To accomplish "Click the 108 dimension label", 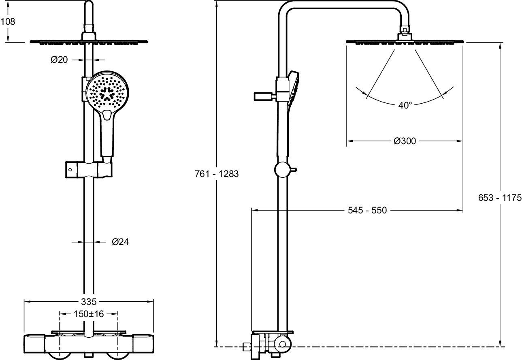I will coord(8,21).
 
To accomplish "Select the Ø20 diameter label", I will coord(59,60).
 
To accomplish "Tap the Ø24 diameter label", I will coord(120,242).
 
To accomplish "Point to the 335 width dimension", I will coord(89,302).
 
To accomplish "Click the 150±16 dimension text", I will coord(89,314).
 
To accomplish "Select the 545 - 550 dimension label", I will coord(367,210).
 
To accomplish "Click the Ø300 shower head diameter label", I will coord(405,141).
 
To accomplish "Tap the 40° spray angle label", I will coord(405,105).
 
